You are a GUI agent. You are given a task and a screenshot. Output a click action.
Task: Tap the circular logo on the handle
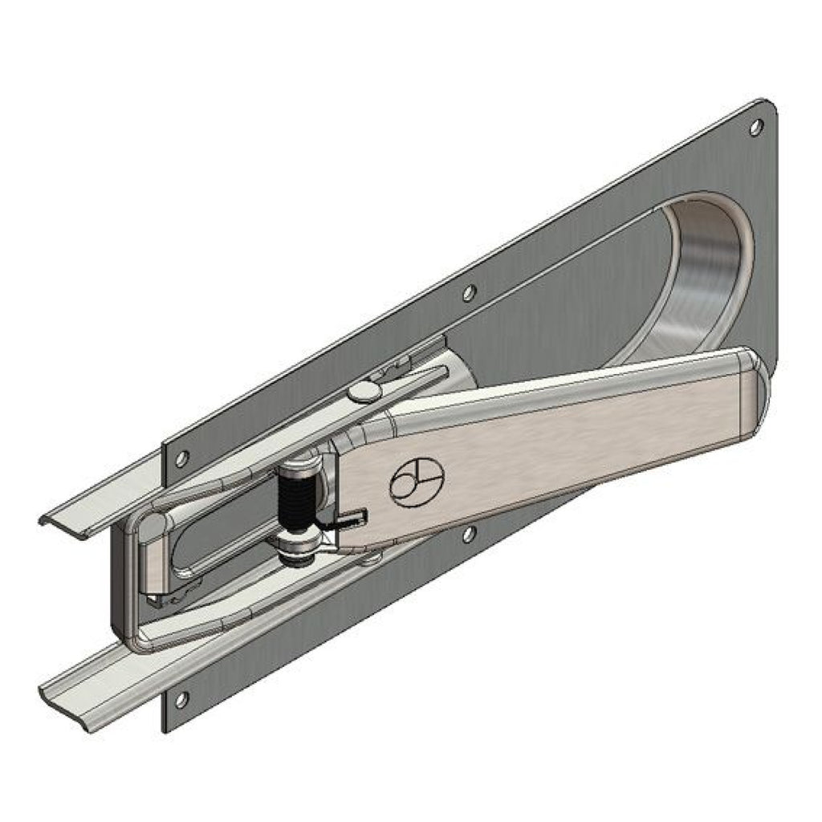414,484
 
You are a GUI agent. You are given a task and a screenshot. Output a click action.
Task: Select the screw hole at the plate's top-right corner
755,127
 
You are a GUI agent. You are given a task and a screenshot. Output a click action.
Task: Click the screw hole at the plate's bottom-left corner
181,699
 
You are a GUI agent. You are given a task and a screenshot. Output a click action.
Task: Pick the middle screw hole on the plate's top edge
470,293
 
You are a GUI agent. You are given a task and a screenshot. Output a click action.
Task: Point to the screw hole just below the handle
469,533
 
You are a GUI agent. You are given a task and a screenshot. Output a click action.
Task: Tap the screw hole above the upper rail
182,459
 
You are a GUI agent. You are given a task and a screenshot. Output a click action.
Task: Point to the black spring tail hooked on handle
349,519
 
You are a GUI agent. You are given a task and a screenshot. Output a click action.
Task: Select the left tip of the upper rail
44,519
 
